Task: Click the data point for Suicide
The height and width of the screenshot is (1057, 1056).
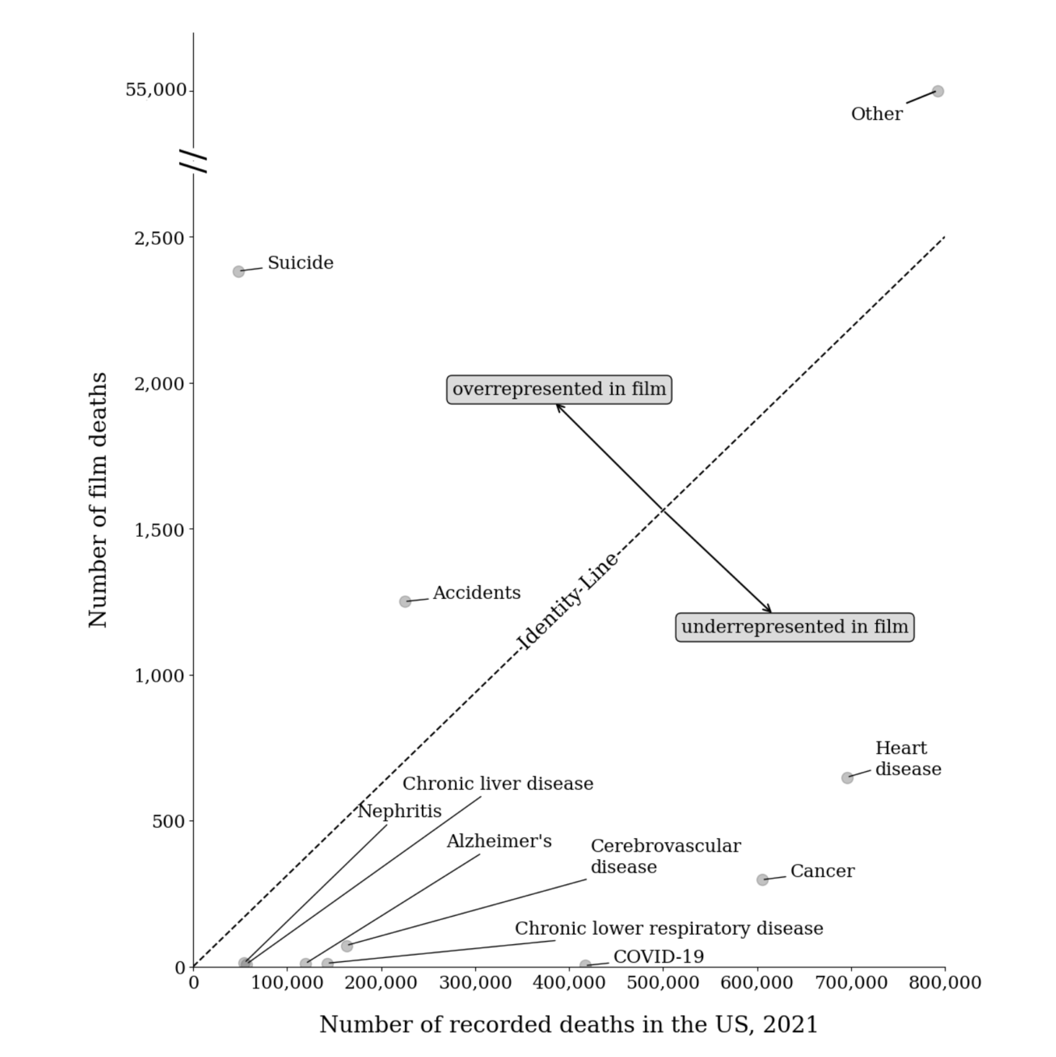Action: (238, 271)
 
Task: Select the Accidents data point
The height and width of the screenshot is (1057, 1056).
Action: (405, 601)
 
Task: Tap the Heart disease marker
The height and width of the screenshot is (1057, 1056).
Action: (847, 777)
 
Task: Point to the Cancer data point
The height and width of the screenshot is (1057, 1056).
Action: (762, 879)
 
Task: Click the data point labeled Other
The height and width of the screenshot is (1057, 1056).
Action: (938, 91)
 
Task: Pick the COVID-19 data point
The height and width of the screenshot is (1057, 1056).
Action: (585, 966)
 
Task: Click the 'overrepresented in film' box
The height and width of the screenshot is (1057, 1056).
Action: (559, 389)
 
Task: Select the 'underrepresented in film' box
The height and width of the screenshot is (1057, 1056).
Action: (794, 627)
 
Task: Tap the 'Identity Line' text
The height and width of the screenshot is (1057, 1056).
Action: (568, 601)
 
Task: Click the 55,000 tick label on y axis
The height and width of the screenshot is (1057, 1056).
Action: (156, 90)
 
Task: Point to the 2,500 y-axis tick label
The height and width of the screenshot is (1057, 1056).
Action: (160, 238)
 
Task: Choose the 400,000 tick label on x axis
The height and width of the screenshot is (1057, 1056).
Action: (568, 983)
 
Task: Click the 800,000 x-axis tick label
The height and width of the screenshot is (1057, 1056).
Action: (944, 983)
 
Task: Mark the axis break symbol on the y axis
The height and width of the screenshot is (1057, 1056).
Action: (193, 160)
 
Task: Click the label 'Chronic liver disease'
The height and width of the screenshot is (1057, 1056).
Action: (498, 784)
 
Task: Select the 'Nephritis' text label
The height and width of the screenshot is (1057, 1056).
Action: (400, 811)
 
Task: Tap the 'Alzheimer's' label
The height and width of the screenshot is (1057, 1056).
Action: (499, 841)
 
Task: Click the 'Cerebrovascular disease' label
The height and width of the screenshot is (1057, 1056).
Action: (665, 856)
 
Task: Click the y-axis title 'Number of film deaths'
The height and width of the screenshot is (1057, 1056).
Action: (98, 499)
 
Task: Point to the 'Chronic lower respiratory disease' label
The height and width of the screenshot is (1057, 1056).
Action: (668, 928)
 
